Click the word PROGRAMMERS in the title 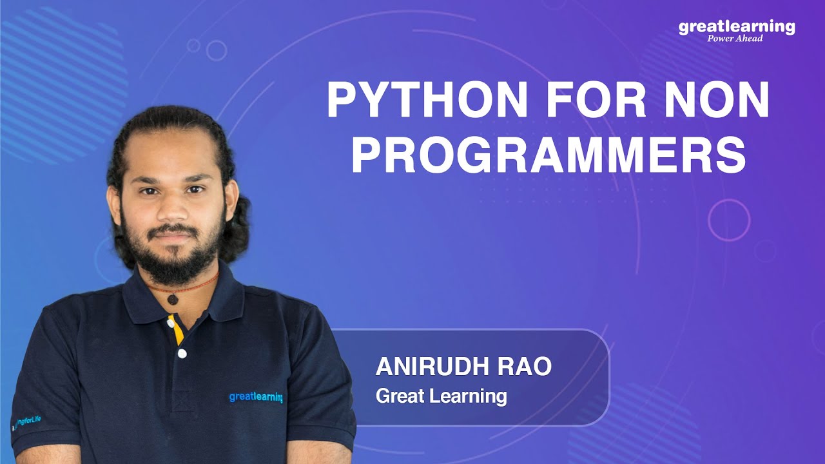(x=548, y=154)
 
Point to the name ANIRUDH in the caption (x=431, y=367)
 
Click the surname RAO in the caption (x=524, y=367)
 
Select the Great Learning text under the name (x=442, y=396)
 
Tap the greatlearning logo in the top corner (x=737, y=27)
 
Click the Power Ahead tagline (x=735, y=38)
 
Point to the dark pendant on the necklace (x=173, y=299)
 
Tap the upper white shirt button (x=171, y=324)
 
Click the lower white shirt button (x=182, y=354)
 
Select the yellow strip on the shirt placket (x=177, y=329)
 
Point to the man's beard (x=173, y=251)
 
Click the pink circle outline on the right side (x=708, y=220)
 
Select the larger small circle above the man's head (x=217, y=50)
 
